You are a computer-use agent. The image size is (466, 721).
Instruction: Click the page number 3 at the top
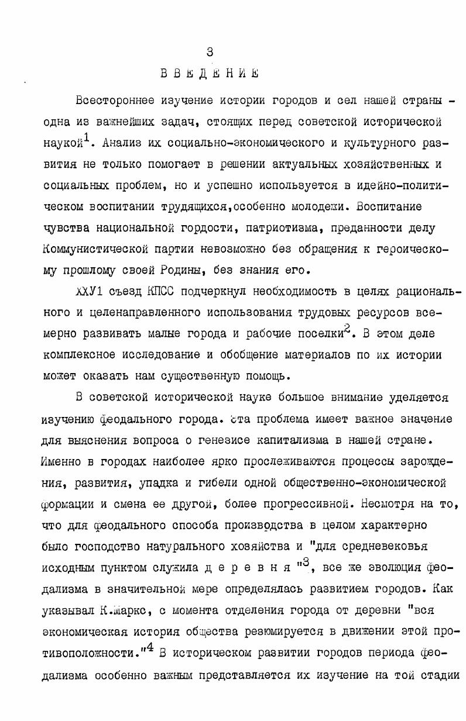click(210, 52)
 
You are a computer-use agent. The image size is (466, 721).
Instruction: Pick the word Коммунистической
click(104, 248)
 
